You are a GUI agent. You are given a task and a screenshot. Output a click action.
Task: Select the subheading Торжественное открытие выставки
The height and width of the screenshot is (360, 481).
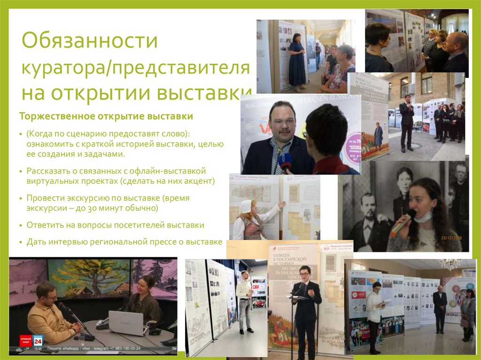pos(106,116)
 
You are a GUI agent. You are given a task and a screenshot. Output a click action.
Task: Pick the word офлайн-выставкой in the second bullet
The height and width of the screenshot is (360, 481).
pos(174,171)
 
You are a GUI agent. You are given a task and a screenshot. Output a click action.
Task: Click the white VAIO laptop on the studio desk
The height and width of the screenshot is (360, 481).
pos(125,323)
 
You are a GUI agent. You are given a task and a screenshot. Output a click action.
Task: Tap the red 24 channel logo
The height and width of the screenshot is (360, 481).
pos(38,340)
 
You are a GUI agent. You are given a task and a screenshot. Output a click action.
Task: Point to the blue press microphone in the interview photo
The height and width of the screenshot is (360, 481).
pos(285,163)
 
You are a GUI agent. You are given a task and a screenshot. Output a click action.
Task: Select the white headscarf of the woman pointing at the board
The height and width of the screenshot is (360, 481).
pos(246,206)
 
